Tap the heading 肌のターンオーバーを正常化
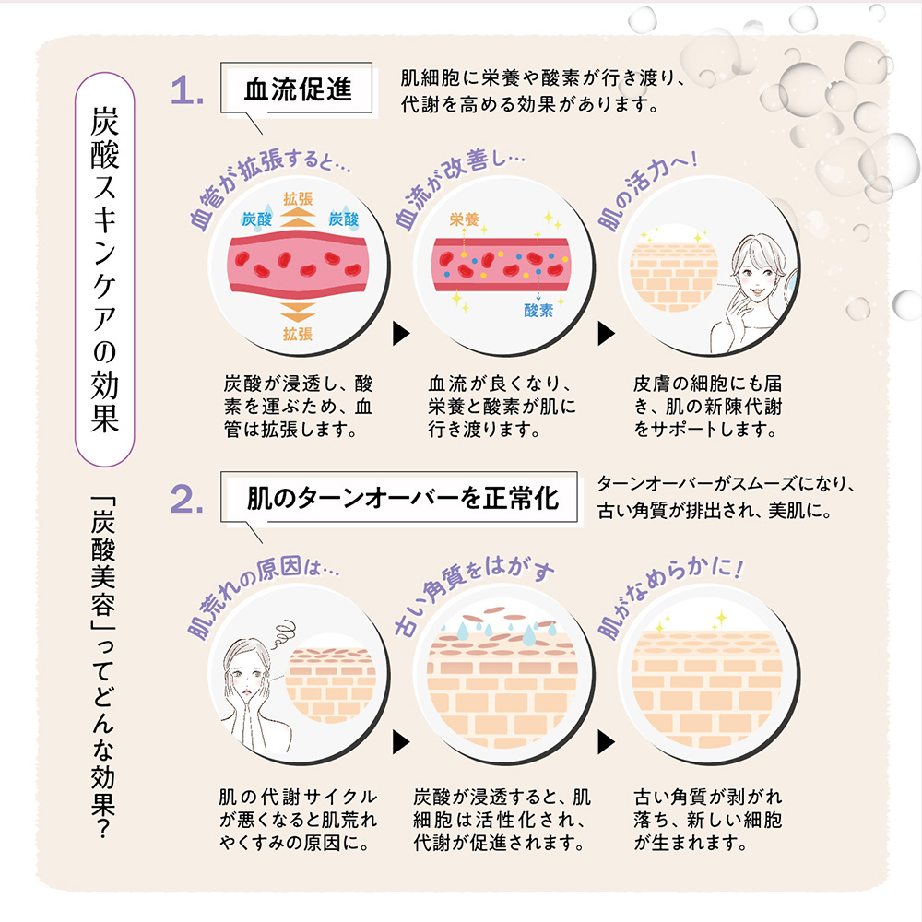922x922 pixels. (403, 500)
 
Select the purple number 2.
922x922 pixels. (188, 501)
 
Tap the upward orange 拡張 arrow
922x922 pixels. (297, 216)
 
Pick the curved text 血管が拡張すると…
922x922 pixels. (267, 184)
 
